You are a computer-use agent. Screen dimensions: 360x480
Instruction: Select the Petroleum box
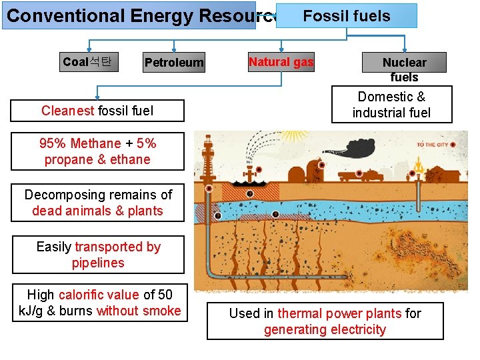click(174, 63)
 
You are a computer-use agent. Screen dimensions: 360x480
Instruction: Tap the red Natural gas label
click(281, 62)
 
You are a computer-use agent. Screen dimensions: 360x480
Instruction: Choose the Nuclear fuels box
click(404, 63)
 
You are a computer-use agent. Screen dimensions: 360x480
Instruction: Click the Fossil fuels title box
click(347, 15)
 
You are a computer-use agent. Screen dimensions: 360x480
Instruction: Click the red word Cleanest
click(67, 111)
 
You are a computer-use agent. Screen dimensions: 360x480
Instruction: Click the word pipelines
click(98, 263)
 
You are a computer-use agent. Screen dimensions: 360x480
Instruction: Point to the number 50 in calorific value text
click(165, 295)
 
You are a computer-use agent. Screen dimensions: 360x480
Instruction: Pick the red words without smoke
click(139, 311)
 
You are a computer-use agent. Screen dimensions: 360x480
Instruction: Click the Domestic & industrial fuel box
click(391, 105)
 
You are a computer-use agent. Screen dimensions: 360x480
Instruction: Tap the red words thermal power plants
click(339, 313)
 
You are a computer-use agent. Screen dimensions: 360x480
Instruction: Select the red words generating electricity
click(325, 329)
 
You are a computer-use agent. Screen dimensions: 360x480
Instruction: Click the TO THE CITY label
click(433, 145)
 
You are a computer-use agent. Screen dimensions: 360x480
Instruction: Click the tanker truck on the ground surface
click(357, 174)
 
